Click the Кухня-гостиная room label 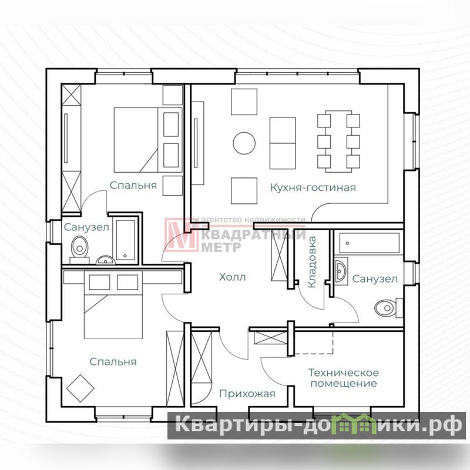313,188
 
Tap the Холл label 232,277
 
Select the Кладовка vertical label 312,262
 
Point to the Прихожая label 247,394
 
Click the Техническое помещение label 344,378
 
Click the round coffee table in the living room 244,143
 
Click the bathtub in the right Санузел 370,243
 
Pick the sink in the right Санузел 341,271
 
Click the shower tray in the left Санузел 125,240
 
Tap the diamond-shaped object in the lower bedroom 80,388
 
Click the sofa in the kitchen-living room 283,143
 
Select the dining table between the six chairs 339,141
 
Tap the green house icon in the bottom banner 355,424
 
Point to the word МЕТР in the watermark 221,247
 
